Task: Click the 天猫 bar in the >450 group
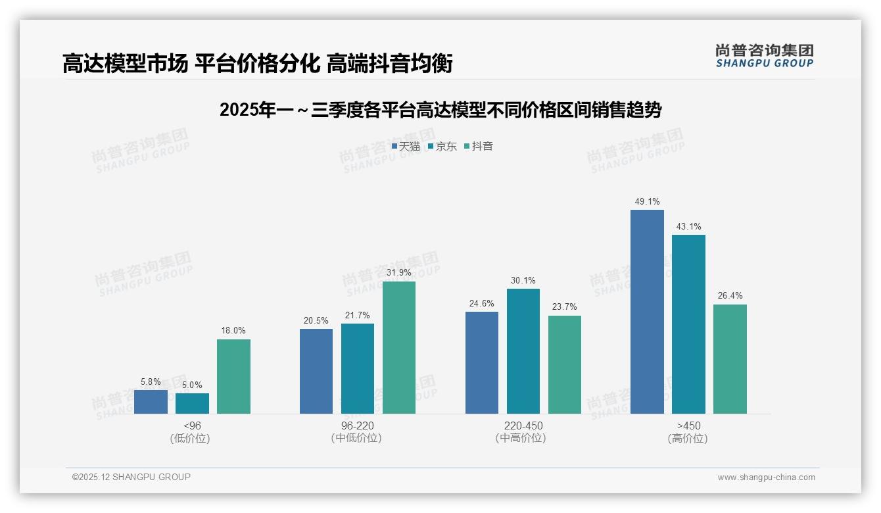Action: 647,312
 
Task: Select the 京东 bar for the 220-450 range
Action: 523,351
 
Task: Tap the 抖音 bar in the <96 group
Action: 233,376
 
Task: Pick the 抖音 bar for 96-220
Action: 399,347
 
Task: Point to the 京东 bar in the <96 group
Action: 192,403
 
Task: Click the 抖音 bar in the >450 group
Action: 730,359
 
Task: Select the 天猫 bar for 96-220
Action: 316,371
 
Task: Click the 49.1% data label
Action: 647,202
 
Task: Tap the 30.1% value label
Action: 523,281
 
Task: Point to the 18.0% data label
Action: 233,331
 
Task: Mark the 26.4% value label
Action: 730,296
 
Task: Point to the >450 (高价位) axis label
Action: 688,432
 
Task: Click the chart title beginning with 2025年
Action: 440,110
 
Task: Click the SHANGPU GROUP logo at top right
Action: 765,56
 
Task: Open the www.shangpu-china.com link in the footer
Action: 766,477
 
